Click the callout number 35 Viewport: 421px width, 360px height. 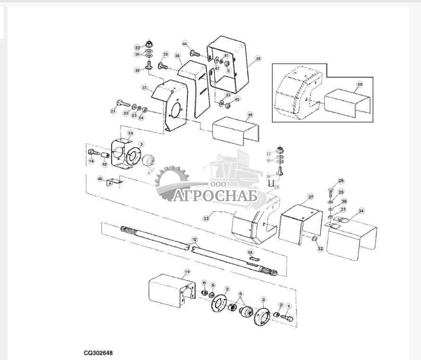click(x=258, y=59)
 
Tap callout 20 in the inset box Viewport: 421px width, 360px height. click(x=360, y=84)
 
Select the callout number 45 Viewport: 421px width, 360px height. click(x=250, y=115)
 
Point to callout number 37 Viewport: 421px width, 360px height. click(x=145, y=88)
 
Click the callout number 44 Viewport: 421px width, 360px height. click(x=185, y=44)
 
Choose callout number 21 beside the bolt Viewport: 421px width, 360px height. click(x=113, y=111)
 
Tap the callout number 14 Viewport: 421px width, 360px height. click(x=91, y=161)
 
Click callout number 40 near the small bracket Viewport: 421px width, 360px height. click(x=100, y=179)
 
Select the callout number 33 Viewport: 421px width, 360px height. click(x=206, y=219)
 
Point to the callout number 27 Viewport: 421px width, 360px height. click(x=310, y=196)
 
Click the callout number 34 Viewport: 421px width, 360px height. click(x=361, y=211)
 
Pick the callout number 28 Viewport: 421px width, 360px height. click(x=341, y=181)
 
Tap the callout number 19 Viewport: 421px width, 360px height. click(x=187, y=272)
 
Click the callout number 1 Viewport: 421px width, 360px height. click(x=290, y=306)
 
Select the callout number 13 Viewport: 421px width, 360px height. click(x=250, y=253)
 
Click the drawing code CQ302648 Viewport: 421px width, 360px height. click(x=99, y=353)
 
